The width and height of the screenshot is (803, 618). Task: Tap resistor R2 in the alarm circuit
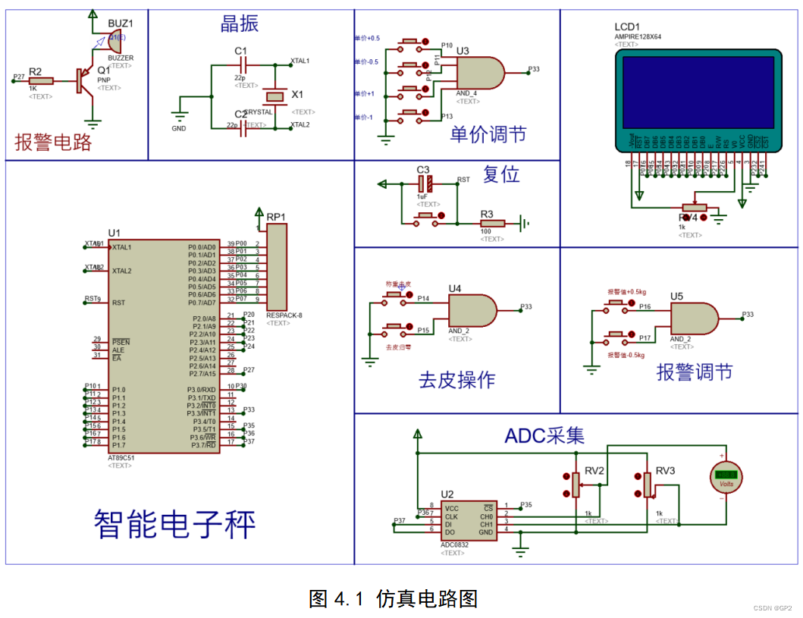[x=41, y=80]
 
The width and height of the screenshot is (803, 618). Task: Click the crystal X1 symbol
[x=274, y=96]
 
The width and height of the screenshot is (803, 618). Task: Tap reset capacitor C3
[x=425, y=183]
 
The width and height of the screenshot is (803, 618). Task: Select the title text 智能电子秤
[x=174, y=524]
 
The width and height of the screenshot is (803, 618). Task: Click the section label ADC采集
[x=544, y=436]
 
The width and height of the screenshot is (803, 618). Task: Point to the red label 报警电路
[x=53, y=142]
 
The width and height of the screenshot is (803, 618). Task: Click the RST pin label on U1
[x=118, y=303]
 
